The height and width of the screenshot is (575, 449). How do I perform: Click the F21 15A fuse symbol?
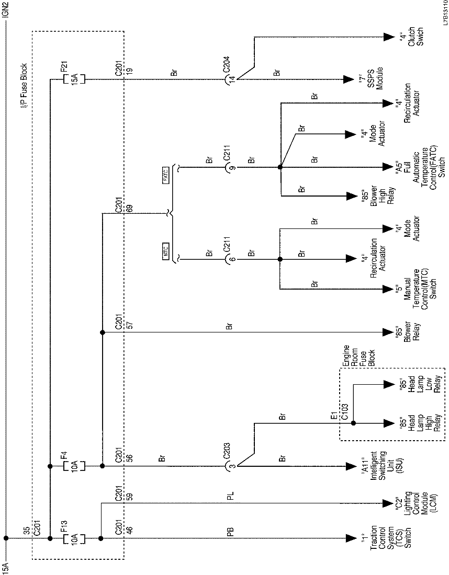coord(74,80)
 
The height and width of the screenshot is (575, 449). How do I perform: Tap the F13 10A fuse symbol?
coord(74,537)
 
